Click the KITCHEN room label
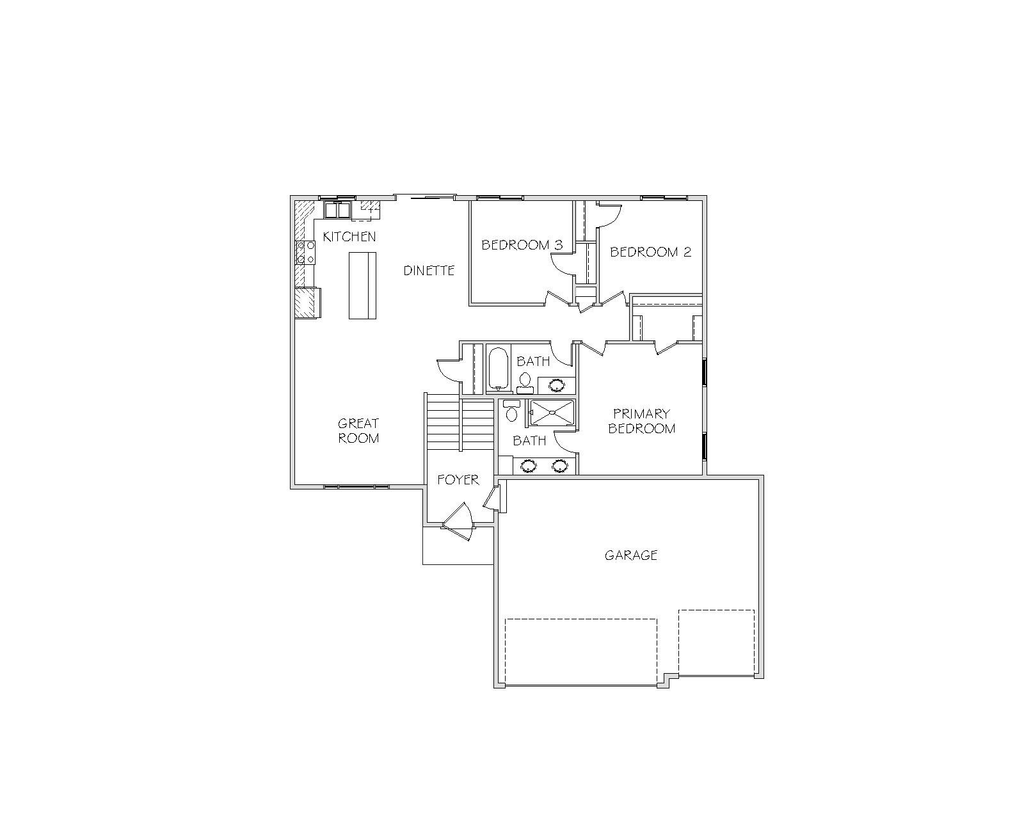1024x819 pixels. coord(349,237)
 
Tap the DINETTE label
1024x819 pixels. coord(429,271)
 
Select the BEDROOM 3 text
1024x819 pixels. coord(522,245)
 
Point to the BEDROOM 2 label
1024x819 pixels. coord(650,251)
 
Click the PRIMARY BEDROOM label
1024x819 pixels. coord(641,421)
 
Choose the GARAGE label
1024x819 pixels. coord(631,555)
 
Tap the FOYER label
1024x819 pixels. coord(458,480)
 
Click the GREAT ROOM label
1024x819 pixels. coord(358,431)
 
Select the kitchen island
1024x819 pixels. coord(363,285)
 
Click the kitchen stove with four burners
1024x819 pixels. coord(305,253)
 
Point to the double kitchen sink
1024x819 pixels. coord(337,210)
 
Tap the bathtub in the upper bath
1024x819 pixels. coord(498,369)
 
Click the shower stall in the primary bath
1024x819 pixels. coord(552,413)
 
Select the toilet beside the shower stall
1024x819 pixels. coord(511,411)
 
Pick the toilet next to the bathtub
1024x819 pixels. coord(525,383)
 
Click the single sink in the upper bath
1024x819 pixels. coord(556,385)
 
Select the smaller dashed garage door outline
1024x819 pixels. coord(716,642)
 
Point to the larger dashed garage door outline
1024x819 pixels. coord(581,652)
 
